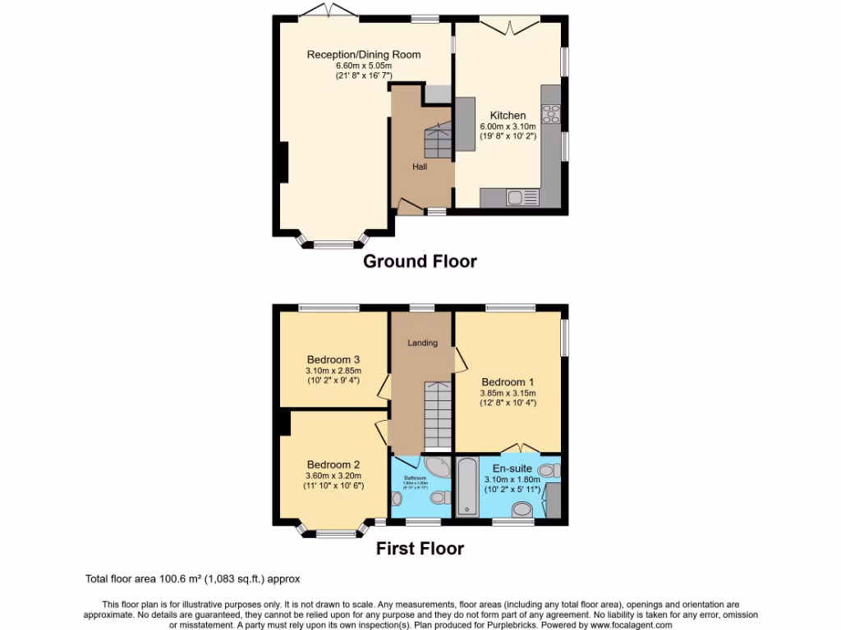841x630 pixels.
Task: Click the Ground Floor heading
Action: (x=420, y=262)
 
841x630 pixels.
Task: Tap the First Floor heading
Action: (x=420, y=549)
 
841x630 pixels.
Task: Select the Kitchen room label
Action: (x=508, y=116)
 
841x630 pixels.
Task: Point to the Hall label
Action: (x=420, y=167)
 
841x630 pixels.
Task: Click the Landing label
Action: (x=423, y=343)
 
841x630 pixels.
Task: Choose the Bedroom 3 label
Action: (x=333, y=359)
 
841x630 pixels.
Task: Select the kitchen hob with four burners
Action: (x=550, y=115)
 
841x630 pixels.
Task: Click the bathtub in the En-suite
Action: (x=466, y=488)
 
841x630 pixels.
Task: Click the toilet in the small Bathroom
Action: (x=439, y=498)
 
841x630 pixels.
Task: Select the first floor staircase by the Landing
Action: (x=438, y=416)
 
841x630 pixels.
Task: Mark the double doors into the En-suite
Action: (x=521, y=449)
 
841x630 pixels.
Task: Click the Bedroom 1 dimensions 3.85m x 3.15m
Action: (x=508, y=392)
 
